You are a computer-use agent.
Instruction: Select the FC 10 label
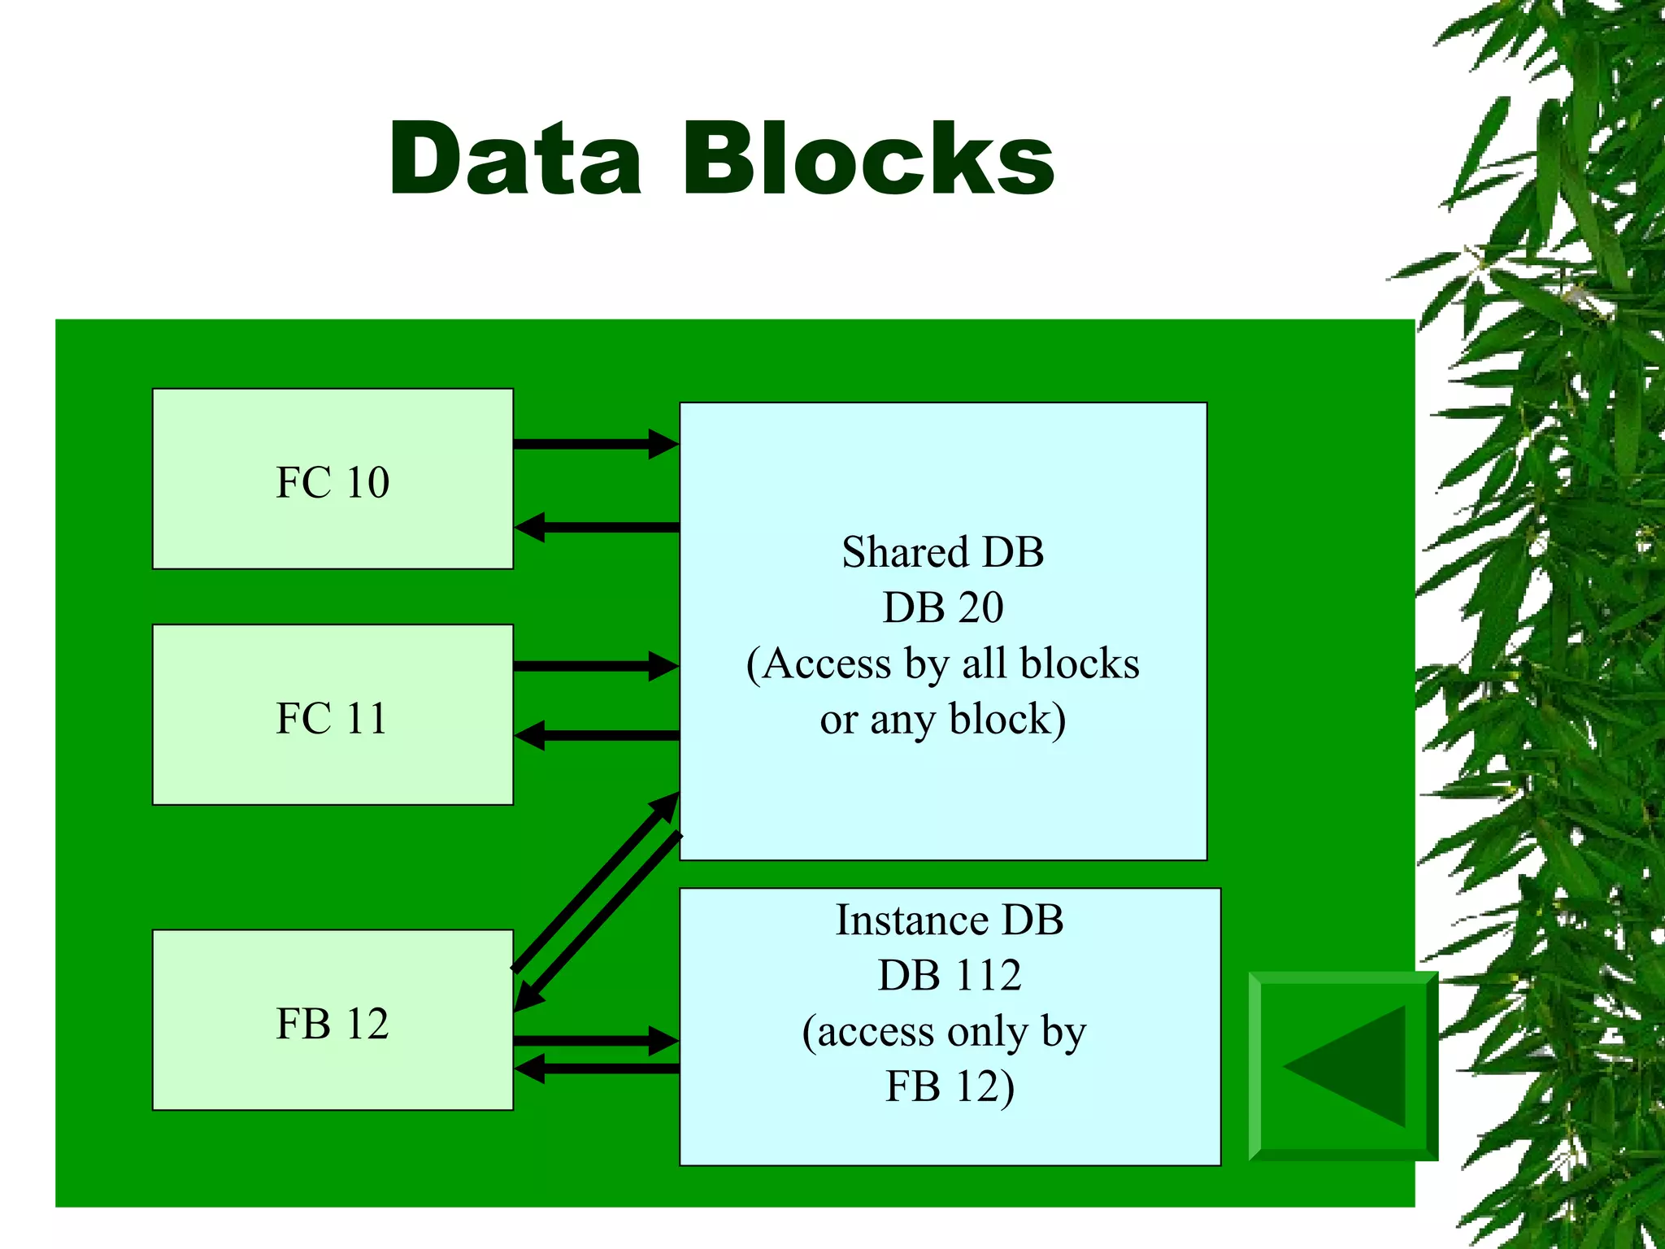click(333, 481)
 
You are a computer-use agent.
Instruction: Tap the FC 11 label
click(333, 717)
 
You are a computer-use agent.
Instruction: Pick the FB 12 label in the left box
click(333, 1023)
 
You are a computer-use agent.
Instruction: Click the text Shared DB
click(942, 552)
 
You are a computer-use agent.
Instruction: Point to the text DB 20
click(942, 607)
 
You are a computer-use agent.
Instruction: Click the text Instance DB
click(949, 920)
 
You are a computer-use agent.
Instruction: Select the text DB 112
click(949, 975)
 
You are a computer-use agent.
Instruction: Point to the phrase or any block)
click(942, 720)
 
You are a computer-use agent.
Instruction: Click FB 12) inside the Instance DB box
click(949, 1086)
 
